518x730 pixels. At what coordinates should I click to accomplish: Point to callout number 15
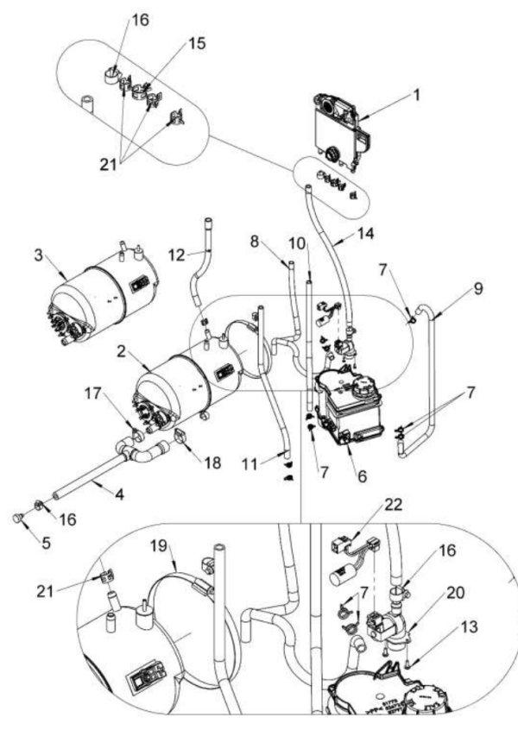tap(197, 42)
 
